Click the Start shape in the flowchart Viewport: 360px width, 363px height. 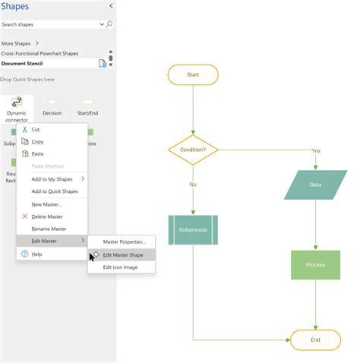[192, 74]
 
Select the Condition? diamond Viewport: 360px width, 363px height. [192, 150]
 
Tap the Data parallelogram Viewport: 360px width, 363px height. [315, 185]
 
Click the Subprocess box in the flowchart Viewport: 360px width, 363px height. [193, 230]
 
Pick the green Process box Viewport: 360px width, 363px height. [315, 265]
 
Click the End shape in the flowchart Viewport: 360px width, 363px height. [315, 339]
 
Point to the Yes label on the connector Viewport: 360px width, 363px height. [316, 150]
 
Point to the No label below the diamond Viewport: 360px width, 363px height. [193, 185]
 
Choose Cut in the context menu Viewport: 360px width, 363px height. [36, 130]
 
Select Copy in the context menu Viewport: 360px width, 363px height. [37, 142]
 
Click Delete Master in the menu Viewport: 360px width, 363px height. [48, 216]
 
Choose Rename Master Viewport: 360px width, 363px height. [49, 229]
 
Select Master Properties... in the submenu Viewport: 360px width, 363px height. [124, 242]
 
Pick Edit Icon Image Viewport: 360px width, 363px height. [121, 267]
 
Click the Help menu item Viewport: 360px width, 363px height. [37, 254]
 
